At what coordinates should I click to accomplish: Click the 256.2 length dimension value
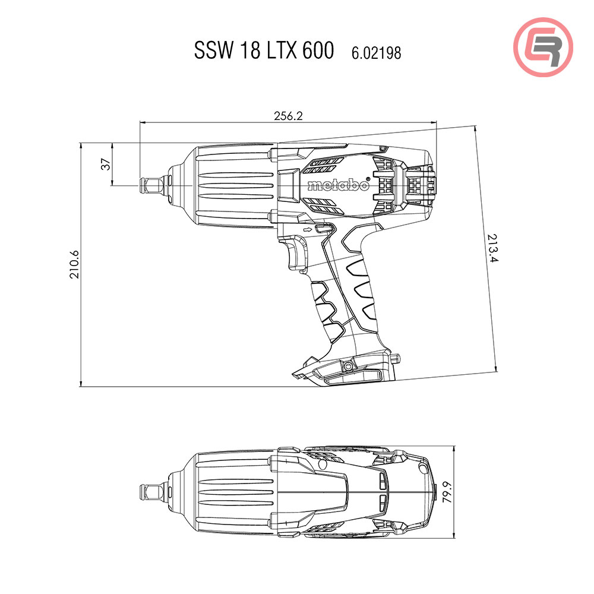288,116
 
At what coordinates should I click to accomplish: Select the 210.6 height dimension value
74,264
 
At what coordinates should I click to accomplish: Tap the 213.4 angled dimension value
491,249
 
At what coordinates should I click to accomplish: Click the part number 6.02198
376,53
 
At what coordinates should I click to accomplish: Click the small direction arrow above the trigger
307,229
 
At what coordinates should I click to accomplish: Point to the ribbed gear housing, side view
232,185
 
